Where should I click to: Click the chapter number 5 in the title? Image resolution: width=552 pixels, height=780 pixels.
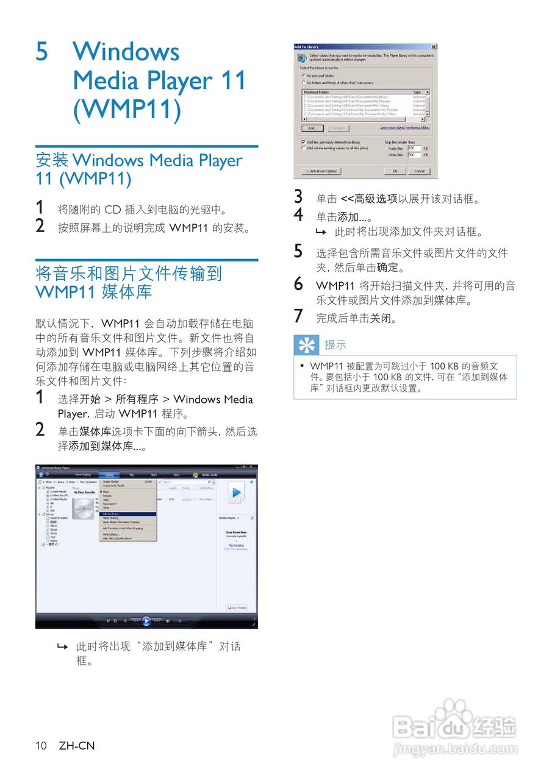pos(42,52)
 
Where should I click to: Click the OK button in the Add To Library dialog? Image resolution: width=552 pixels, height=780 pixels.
pos(395,171)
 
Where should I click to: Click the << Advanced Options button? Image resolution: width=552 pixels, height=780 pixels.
pos(321,171)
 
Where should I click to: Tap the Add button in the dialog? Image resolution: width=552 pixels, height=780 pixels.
pos(311,128)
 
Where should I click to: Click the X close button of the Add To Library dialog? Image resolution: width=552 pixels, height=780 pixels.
pos(433,47)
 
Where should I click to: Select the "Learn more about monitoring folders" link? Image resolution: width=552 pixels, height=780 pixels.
pos(404,127)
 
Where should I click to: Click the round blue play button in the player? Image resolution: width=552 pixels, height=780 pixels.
pos(146,621)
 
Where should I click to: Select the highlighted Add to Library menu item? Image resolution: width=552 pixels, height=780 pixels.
pos(128,514)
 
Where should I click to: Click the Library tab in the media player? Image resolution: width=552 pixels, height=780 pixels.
pos(110,474)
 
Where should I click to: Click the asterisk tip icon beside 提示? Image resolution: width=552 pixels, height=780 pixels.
pos(306,346)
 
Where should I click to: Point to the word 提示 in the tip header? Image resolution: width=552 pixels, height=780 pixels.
pos(335,346)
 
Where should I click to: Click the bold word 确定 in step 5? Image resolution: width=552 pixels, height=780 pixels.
pos(387,268)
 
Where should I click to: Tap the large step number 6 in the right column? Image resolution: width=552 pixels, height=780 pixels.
pos(298,284)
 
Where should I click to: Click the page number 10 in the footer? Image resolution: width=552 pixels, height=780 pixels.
pos(41,746)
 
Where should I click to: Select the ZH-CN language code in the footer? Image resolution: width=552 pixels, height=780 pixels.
pos(77,746)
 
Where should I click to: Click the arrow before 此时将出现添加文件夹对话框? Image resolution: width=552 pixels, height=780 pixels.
pos(320,232)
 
